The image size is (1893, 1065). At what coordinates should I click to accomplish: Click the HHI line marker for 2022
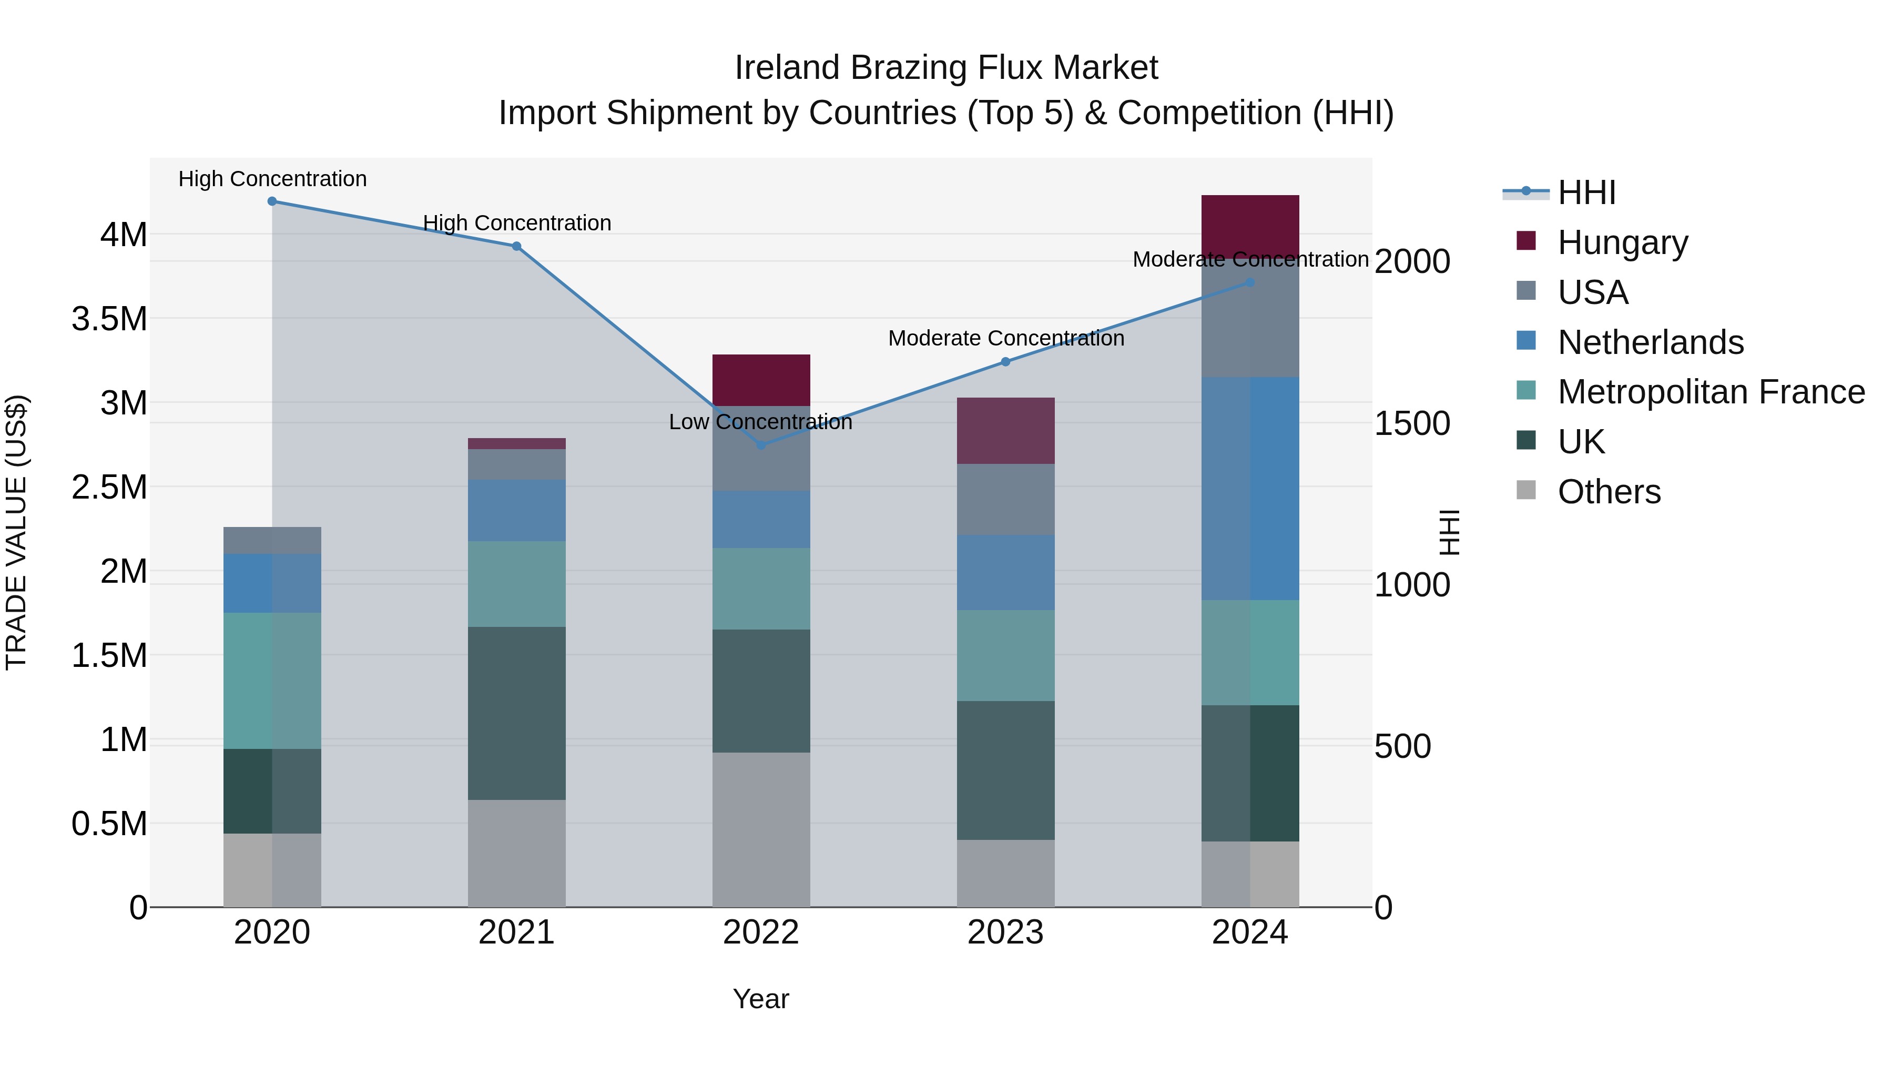[761, 444]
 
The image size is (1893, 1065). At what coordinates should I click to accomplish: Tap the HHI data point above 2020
[272, 201]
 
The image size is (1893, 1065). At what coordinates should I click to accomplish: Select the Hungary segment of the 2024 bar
[1250, 226]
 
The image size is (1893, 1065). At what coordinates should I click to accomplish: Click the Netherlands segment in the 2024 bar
[1250, 488]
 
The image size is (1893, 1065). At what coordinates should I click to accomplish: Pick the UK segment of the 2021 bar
[516, 713]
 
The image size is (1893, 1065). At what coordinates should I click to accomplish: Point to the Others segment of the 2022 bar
[761, 829]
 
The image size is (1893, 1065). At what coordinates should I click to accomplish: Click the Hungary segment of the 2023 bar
[1005, 430]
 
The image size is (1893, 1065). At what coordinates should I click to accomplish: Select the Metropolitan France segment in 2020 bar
[272, 681]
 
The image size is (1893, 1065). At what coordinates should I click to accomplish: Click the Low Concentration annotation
[760, 422]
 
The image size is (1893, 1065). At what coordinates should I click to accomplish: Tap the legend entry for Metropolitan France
[1711, 392]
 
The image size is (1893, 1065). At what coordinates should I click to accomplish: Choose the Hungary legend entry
[1623, 242]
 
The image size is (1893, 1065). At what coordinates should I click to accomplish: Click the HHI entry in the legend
[1586, 192]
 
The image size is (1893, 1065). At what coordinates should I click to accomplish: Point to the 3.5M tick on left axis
[109, 319]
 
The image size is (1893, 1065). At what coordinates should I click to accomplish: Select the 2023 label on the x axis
[1005, 932]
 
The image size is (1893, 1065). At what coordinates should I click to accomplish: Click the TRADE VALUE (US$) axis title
[16, 532]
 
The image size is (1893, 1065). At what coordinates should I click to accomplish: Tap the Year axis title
[760, 999]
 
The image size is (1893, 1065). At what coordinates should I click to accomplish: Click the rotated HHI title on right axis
[1449, 532]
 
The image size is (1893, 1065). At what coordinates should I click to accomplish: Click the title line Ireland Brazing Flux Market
[946, 68]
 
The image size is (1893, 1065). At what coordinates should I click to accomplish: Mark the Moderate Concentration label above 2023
[1005, 338]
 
